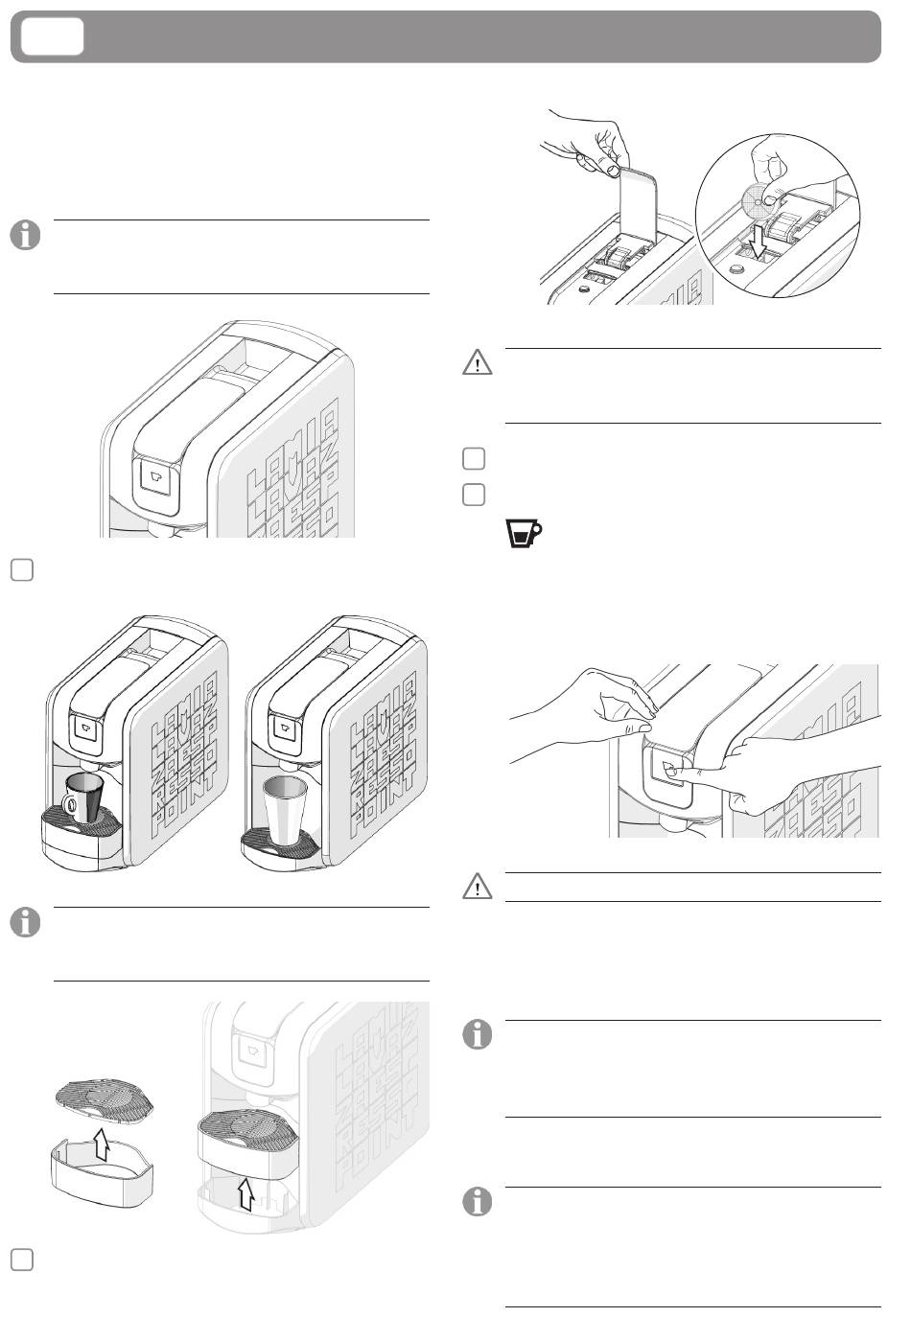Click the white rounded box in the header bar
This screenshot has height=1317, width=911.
tap(54, 36)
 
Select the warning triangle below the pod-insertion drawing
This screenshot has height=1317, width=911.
tap(477, 363)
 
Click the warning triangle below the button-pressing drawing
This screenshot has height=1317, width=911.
tap(477, 888)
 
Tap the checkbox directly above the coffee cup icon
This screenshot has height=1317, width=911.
tap(473, 495)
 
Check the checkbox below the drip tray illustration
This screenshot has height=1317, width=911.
tap(24, 1259)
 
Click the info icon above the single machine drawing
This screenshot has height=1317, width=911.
tap(27, 236)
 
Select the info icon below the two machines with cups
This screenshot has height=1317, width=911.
tap(27, 923)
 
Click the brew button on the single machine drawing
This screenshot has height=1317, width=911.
tap(156, 475)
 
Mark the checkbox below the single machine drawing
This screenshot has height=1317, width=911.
tap(24, 568)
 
